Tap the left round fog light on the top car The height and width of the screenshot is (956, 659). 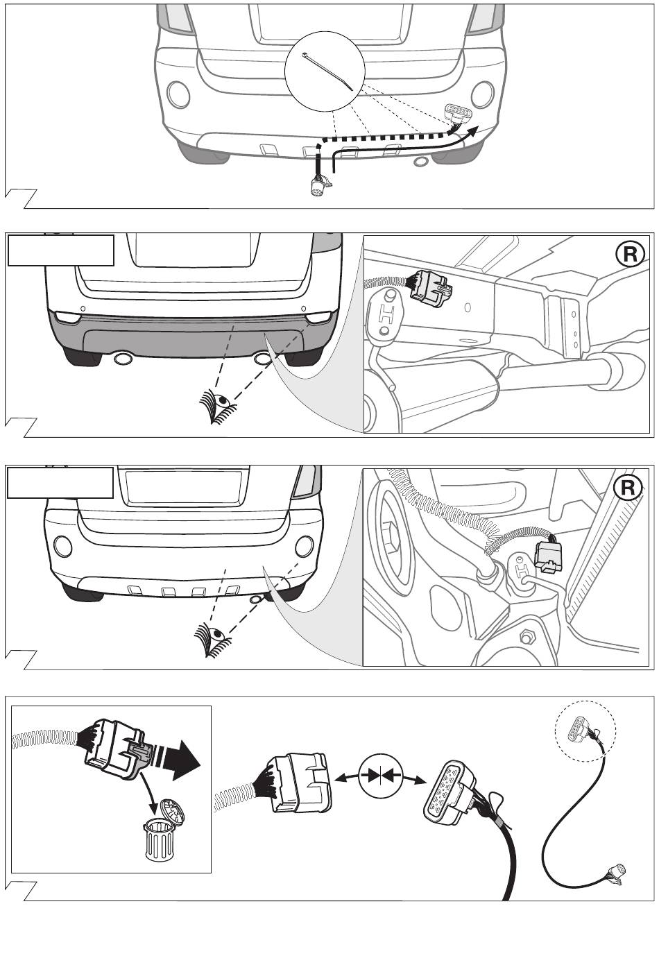(x=178, y=94)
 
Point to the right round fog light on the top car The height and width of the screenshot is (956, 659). (x=482, y=94)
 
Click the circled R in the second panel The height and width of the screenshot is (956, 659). (x=630, y=255)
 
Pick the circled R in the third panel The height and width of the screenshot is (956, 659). (x=628, y=488)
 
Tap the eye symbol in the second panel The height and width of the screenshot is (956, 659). (x=216, y=406)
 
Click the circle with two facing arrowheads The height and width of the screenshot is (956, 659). (x=381, y=776)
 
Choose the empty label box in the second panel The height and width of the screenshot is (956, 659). (x=60, y=250)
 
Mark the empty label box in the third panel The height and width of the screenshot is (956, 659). (x=60, y=482)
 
